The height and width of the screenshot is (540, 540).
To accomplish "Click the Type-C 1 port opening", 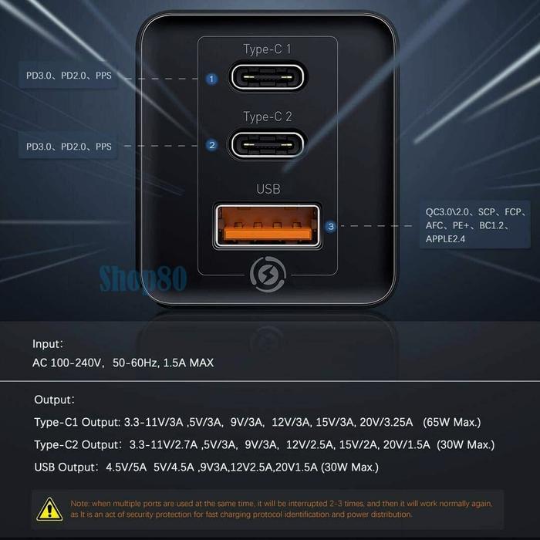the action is tap(268, 79).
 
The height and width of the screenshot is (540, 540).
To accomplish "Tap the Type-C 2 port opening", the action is tap(268, 144).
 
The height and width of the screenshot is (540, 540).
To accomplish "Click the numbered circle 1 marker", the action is tap(212, 79).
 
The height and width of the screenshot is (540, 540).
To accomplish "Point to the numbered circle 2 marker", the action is tap(212, 144).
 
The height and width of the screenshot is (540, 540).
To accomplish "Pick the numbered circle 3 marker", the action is tap(330, 227).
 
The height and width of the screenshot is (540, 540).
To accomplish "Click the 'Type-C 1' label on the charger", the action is tap(268, 50).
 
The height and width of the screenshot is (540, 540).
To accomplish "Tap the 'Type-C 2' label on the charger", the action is tap(268, 117).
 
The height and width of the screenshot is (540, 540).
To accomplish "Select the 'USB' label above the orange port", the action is tap(268, 188).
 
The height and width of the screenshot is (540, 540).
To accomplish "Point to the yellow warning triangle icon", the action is tap(50, 508).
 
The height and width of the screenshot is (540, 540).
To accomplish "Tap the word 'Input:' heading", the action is tap(48, 345).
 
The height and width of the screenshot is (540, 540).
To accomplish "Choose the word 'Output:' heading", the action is tap(54, 400).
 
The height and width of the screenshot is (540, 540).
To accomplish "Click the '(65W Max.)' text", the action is tap(451, 423).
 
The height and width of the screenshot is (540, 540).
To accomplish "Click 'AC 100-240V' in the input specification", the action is tap(68, 363).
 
